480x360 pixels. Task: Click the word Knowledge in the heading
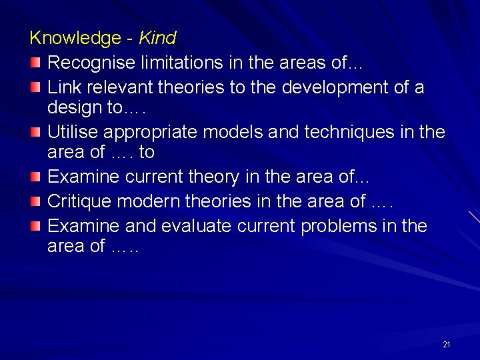coord(75,38)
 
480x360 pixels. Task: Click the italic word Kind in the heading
coord(157,38)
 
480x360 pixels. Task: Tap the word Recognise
coord(93,63)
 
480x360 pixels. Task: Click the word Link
coord(64,87)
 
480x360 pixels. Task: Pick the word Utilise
coord(71,132)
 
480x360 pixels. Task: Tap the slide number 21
coord(447,345)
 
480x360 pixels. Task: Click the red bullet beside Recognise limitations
coord(35,63)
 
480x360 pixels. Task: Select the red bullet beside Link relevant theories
coord(35,87)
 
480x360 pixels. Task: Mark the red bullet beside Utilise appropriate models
coord(35,132)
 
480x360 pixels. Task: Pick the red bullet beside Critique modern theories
coord(35,201)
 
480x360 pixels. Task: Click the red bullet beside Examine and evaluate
coord(35,226)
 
